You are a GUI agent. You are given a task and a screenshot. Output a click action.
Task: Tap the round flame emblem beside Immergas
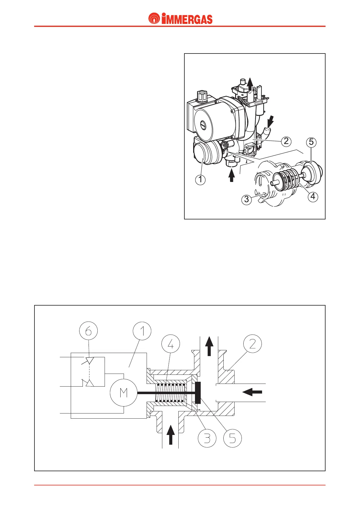click(154, 19)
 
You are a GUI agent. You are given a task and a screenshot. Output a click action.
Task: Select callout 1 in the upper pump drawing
click(200, 180)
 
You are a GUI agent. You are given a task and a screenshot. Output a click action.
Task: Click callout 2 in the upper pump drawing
click(286, 141)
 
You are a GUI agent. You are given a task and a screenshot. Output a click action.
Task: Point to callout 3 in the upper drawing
click(247, 199)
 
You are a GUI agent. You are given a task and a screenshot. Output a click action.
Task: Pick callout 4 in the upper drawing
click(313, 196)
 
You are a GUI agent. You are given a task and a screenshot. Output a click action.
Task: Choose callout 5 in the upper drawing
click(311, 142)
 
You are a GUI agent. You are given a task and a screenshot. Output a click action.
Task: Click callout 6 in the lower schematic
click(89, 331)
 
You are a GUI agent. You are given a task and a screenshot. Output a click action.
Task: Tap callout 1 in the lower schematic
click(142, 331)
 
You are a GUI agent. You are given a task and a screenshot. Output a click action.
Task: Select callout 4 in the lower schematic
click(171, 344)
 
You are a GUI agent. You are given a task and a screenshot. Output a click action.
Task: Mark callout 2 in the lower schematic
click(252, 344)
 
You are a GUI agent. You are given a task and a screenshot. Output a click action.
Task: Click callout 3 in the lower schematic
click(207, 438)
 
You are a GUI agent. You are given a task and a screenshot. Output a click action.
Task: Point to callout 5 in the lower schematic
click(232, 438)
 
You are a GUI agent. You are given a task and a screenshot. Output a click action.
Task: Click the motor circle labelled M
click(124, 393)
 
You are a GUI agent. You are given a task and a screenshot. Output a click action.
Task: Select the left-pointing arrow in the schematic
click(252, 393)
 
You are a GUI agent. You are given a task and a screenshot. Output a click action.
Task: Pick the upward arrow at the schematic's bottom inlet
click(171, 434)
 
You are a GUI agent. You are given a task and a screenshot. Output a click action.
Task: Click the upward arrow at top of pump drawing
click(250, 84)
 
